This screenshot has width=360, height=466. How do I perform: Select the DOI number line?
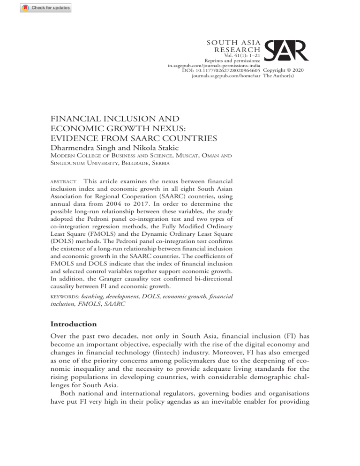[222, 70]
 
